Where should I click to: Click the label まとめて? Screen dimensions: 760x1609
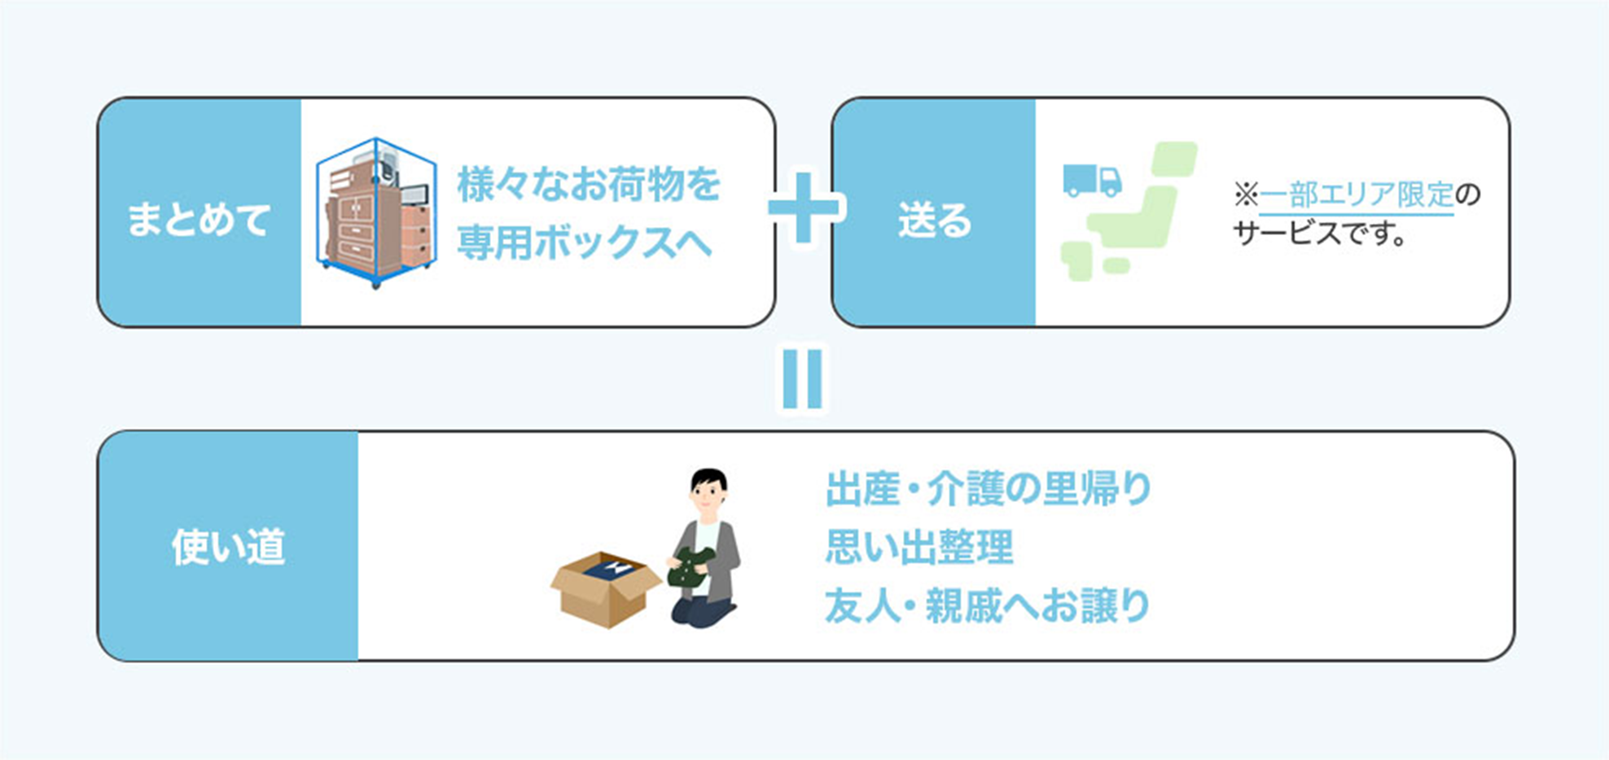[x=198, y=220]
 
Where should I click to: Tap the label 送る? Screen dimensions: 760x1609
[x=934, y=220]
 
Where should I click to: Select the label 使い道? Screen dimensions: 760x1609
[x=228, y=547]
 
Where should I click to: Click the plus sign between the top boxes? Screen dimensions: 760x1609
[x=804, y=207]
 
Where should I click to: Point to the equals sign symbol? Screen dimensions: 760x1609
[x=802, y=378]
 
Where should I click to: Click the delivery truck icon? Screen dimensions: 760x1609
[x=1092, y=180]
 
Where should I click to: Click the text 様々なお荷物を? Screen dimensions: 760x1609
[x=588, y=184]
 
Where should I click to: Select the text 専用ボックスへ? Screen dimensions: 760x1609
[x=584, y=242]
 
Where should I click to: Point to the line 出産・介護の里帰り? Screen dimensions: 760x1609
[x=988, y=489]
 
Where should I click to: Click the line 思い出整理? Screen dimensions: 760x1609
[x=919, y=547]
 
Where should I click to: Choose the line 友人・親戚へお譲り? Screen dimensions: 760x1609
[x=987, y=605]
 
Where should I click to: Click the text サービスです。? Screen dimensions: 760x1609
[x=1319, y=234]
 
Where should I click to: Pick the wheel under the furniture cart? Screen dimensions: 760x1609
[x=376, y=284]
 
